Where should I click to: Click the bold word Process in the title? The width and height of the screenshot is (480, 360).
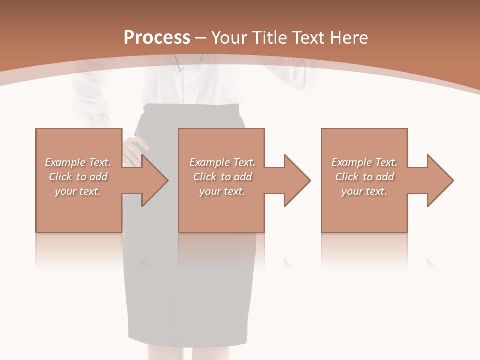(157, 38)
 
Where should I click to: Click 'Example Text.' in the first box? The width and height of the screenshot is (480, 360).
(78, 162)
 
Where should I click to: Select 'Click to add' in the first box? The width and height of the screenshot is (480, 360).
(78, 177)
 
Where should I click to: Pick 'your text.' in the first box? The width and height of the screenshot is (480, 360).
(78, 191)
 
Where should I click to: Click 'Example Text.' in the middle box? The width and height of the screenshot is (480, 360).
(222, 162)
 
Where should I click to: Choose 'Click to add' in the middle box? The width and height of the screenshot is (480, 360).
(222, 177)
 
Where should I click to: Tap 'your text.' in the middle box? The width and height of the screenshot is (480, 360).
(222, 191)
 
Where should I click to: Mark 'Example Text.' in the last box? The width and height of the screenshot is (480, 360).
(364, 162)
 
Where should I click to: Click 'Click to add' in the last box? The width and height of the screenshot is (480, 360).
(364, 177)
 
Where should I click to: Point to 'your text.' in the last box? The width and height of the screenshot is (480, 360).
(364, 191)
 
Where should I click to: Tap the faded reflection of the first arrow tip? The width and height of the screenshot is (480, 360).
(146, 263)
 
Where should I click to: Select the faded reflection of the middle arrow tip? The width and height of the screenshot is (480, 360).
(288, 263)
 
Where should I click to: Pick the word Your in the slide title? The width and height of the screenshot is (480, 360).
(228, 38)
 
